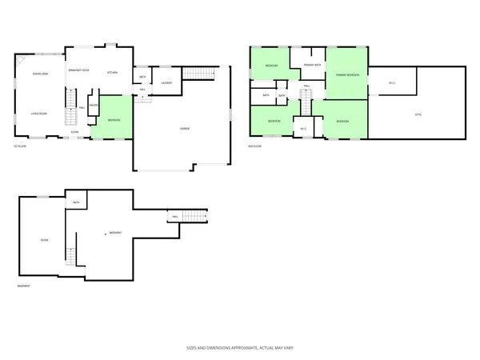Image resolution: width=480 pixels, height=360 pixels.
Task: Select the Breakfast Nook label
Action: click(78, 70)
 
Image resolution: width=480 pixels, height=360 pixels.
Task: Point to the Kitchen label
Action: click(113, 74)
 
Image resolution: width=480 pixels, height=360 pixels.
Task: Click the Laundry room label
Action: click(166, 82)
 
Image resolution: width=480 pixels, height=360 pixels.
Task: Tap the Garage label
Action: click(184, 129)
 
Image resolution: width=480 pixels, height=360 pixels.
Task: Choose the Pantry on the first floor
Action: click(93, 105)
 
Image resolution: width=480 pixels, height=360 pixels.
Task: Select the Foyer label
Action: click(74, 131)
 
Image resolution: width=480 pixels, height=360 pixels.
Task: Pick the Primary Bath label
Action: click(312, 65)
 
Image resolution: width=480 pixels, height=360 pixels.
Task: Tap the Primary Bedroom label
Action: click(347, 74)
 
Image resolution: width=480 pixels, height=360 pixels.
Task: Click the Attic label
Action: click(418, 114)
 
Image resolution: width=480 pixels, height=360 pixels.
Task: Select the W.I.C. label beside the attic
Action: click(392, 82)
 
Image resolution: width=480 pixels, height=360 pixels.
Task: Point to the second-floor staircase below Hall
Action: click(305, 102)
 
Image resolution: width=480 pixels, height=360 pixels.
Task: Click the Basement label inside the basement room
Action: click(115, 233)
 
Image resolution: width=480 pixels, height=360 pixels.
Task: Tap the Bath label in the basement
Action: click(76, 203)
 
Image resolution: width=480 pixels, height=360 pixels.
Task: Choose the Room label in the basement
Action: click(44, 240)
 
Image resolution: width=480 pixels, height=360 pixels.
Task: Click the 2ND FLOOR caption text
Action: click(255, 146)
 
